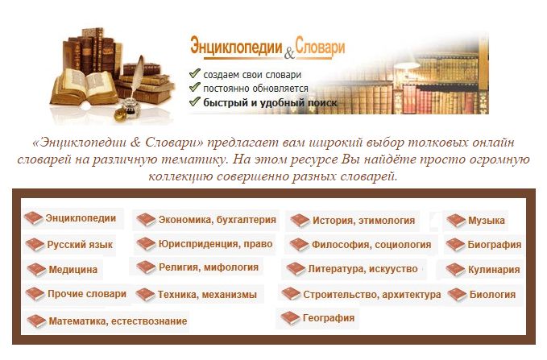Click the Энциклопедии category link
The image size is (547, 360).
81,218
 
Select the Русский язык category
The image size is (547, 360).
80,245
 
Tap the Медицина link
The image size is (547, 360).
73,269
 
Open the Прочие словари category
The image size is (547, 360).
87,294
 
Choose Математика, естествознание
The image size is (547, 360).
118,321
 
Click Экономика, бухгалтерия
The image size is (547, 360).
217,220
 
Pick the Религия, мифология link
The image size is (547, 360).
209,267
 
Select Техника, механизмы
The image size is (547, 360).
207,295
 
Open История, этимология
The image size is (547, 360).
363,221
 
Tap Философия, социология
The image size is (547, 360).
371,245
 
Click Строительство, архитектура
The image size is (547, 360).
372,295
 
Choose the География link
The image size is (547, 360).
329,318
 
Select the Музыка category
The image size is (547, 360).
487,221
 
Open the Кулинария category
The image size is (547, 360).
494,270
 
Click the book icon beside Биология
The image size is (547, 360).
457,295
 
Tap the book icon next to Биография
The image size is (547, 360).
455,245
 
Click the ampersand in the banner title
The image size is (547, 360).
289,54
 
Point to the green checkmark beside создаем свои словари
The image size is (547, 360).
194,73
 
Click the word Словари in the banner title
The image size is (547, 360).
320,47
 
